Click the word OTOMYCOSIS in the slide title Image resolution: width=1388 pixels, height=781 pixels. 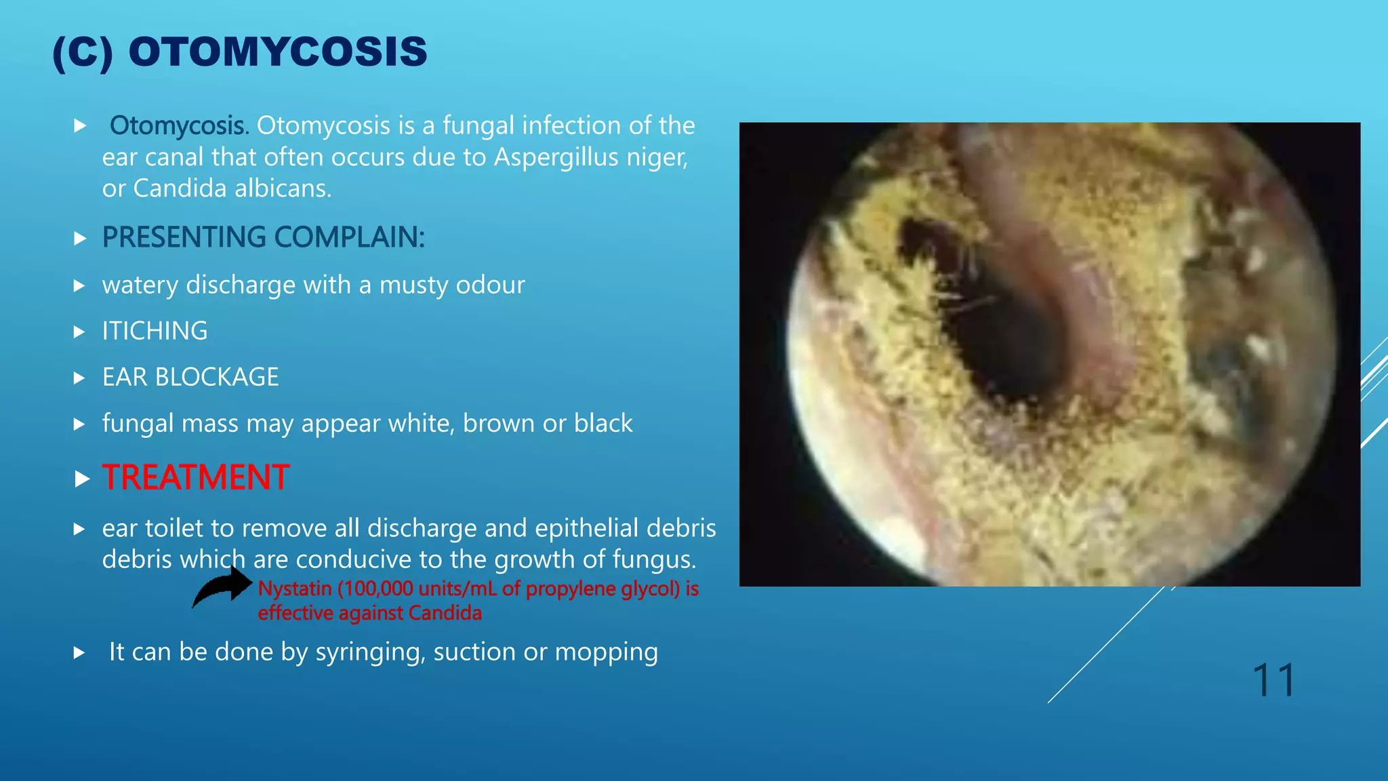point(278,52)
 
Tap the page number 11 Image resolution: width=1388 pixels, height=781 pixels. point(1273,680)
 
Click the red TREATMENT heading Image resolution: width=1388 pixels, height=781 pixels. point(196,477)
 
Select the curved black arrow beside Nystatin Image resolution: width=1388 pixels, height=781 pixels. point(222,587)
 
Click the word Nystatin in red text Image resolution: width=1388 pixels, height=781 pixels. point(295,588)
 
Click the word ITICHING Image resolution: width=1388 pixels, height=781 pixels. point(155,331)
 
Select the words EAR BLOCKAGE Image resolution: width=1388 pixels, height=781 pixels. point(190,377)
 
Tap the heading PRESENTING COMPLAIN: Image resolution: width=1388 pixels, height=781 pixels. point(264,237)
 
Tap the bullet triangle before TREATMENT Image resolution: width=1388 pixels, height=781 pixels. point(81,479)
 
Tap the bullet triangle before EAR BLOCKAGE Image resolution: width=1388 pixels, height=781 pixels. point(79,378)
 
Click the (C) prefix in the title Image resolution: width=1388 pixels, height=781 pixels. point(83,52)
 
